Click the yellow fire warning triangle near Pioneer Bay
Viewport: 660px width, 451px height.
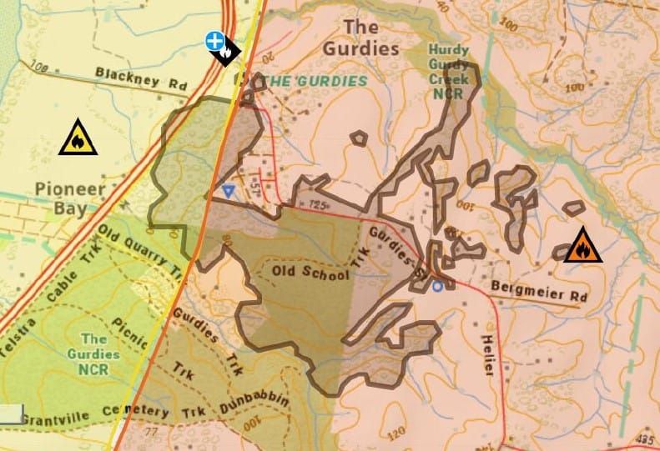point(78,138)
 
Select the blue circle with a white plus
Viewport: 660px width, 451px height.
point(215,40)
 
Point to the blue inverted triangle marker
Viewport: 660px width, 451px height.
point(229,191)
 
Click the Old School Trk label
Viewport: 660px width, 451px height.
point(310,273)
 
